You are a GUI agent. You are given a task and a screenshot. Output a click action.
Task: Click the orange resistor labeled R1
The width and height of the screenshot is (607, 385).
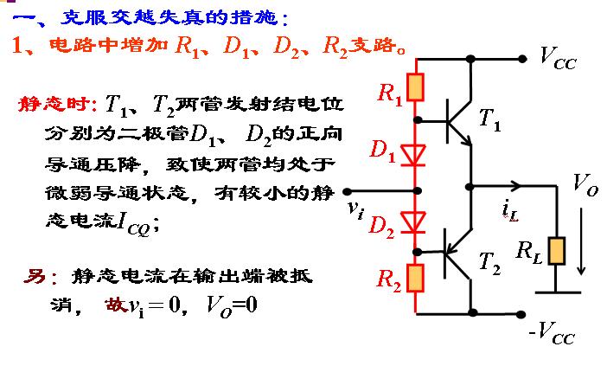(x=417, y=88)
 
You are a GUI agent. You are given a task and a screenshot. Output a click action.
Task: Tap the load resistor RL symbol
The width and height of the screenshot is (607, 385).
(x=558, y=250)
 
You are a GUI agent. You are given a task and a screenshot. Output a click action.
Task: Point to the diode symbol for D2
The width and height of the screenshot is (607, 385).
(x=417, y=224)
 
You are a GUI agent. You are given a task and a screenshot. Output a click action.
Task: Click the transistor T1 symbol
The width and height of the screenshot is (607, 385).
(x=458, y=120)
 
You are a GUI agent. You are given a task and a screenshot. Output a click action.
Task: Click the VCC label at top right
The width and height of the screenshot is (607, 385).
(x=559, y=59)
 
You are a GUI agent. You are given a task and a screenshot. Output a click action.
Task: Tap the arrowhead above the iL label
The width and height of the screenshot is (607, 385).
(x=517, y=185)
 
